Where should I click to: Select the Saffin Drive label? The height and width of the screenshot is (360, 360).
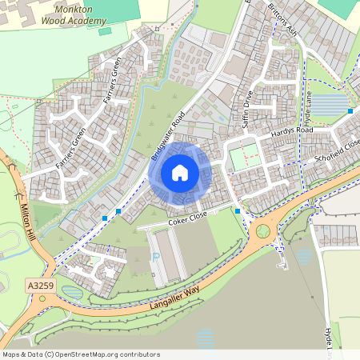tap(248, 110)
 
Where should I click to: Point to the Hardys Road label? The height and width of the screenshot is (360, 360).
tap(291, 130)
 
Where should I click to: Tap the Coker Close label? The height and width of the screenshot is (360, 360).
tap(187, 215)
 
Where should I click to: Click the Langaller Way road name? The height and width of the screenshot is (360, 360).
tap(174, 296)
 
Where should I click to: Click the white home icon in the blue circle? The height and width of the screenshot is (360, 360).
tap(180, 172)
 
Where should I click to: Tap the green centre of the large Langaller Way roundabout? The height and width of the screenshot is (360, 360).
tap(262, 231)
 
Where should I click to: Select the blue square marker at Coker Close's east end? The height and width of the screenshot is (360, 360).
tap(238, 210)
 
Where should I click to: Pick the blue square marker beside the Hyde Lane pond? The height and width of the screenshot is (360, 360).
tap(350, 110)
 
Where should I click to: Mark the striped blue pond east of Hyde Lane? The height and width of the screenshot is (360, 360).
tap(326, 105)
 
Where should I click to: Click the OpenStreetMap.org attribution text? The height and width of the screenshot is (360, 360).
tap(81, 354)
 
